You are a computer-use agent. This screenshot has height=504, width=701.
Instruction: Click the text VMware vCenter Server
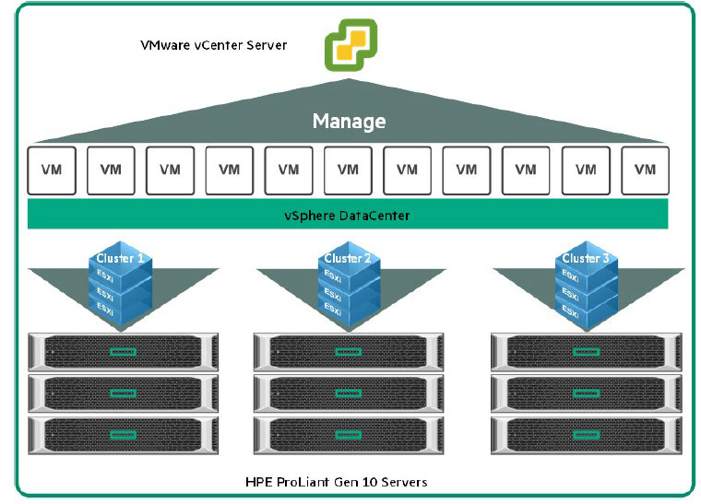pos(212,44)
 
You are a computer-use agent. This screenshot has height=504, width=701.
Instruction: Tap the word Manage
pos(349,122)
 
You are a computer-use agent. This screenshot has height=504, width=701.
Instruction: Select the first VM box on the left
pos(52,170)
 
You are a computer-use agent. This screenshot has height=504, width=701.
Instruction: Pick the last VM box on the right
pos(645,170)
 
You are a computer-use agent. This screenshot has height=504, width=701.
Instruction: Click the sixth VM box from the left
pos(348,170)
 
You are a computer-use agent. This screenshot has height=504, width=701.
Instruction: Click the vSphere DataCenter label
pos(347,216)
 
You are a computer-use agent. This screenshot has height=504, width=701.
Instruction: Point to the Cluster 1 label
pos(120,259)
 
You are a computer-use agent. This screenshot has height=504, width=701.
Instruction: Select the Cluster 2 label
pos(348,259)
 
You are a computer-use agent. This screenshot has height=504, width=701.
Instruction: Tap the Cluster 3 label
pos(585,259)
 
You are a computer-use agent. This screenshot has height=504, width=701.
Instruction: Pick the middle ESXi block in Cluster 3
pos(572,296)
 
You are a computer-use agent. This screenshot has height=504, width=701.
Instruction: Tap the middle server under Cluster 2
pos(347,393)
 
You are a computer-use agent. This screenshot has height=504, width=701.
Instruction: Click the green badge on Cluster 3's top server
pos(585,351)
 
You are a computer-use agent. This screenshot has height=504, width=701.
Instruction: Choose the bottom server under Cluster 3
pos(585,434)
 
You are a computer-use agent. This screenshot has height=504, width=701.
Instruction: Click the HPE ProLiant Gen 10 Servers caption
pos(336,482)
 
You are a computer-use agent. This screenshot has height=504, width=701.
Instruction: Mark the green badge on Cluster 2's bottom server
pos(347,434)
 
